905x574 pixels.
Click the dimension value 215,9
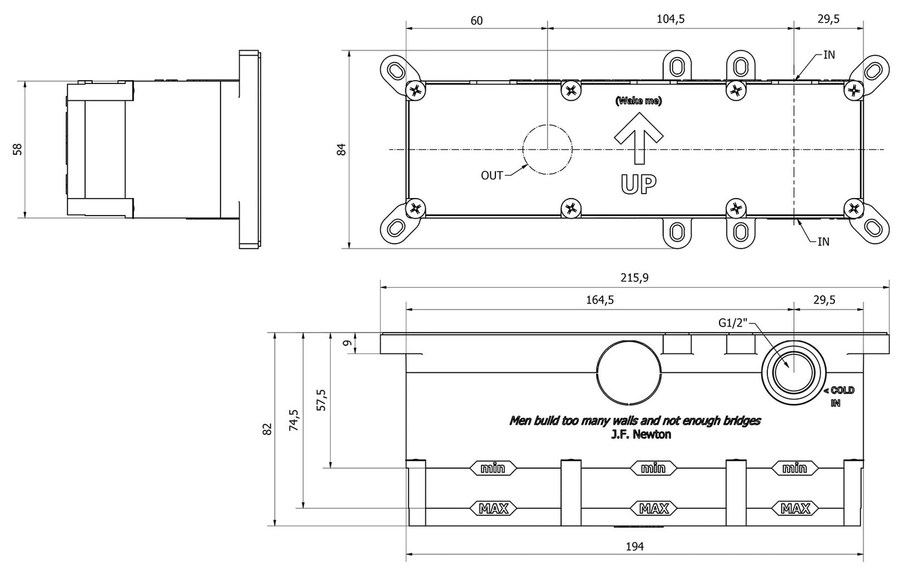(x=635, y=278)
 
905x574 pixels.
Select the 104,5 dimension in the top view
(x=671, y=19)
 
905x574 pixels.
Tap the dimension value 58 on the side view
(x=18, y=149)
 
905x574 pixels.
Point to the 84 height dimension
(x=341, y=149)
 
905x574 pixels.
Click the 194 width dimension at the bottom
(x=634, y=546)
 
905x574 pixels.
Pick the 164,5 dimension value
(x=599, y=300)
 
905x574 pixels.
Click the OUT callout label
(x=492, y=175)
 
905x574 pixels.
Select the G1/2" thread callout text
(x=733, y=323)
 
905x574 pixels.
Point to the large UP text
(x=638, y=184)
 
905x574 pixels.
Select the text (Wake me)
(x=638, y=101)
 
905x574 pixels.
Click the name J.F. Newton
(x=640, y=434)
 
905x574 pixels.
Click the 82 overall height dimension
(x=267, y=429)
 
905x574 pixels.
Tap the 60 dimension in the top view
(x=476, y=20)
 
